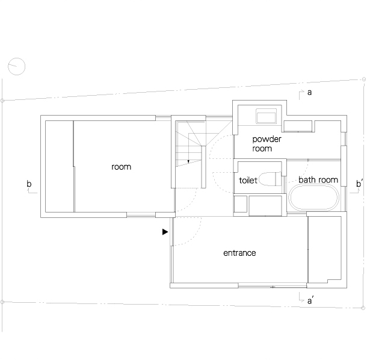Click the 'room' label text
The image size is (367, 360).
click(x=121, y=167)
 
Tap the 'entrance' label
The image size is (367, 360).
click(x=239, y=253)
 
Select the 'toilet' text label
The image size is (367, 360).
click(x=248, y=180)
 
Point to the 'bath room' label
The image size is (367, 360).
click(x=318, y=179)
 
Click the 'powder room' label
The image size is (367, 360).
click(x=267, y=144)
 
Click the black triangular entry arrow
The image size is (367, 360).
click(x=165, y=232)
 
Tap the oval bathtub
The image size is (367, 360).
click(x=314, y=197)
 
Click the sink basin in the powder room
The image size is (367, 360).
click(x=266, y=116)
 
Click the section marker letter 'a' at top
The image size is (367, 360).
click(x=309, y=93)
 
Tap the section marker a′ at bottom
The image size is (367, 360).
click(x=310, y=300)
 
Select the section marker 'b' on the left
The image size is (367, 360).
click(x=29, y=184)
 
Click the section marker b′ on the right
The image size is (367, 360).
click(x=360, y=184)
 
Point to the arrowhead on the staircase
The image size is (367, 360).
click(x=188, y=161)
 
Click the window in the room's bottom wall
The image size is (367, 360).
click(x=141, y=215)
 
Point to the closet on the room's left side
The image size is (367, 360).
click(x=60, y=166)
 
